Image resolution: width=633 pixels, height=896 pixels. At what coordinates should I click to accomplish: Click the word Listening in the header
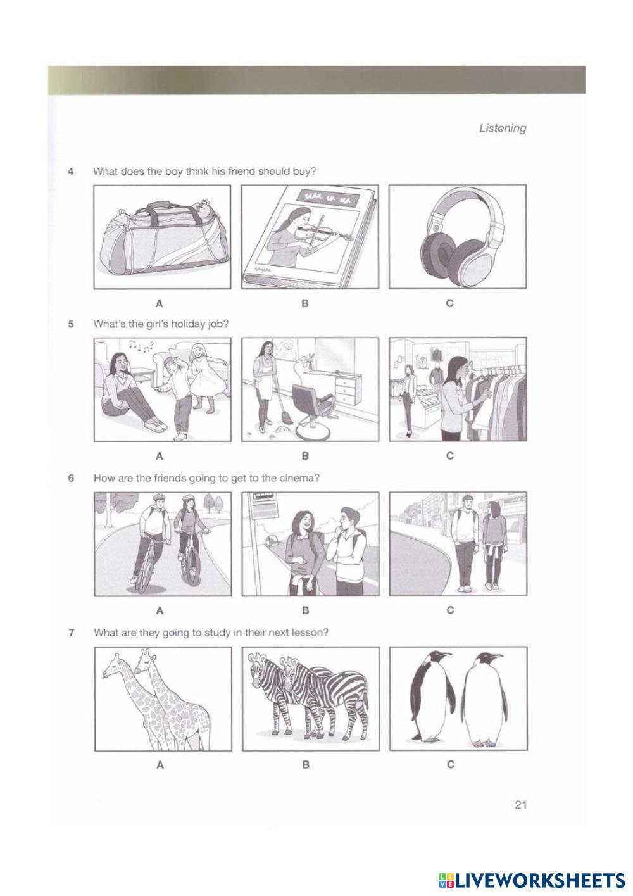[502, 129]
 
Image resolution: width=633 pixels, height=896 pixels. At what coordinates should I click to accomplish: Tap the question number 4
[71, 172]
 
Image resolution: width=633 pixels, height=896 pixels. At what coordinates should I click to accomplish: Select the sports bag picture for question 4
[162, 237]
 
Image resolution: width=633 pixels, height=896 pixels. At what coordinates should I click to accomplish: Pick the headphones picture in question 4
[458, 237]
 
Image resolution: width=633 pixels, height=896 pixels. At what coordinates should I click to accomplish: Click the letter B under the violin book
[304, 303]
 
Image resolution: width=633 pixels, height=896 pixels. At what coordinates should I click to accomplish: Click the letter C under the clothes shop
[450, 456]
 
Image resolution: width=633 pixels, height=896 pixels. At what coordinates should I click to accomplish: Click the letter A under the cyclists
[160, 610]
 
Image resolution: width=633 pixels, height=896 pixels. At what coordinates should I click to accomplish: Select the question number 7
[71, 633]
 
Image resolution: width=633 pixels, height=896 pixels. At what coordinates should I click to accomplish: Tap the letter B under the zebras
[306, 765]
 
